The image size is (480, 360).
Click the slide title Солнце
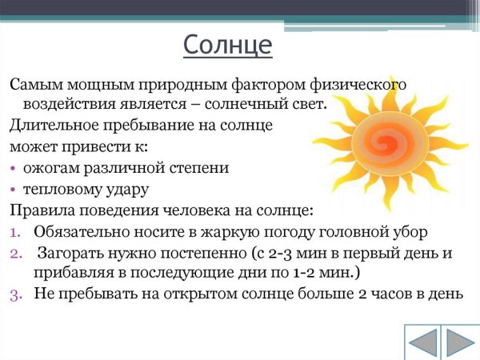[227, 45]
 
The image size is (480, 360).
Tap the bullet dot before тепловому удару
[14, 190]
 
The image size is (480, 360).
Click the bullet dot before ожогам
[14, 170]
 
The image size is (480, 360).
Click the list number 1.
[18, 232]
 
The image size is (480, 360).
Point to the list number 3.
[18, 294]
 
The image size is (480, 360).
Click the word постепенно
[211, 253]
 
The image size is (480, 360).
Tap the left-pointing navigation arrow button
[423, 342]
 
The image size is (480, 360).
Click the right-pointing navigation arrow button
[461, 342]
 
